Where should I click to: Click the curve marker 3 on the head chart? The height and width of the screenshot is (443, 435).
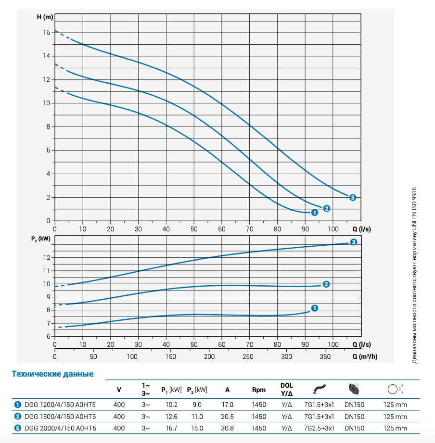pos(353,197)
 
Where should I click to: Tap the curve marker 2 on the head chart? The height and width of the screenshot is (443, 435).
pos(327,208)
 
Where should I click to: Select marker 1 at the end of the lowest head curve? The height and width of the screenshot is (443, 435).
pos(315,212)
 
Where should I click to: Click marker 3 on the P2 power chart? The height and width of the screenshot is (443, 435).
pos(354,242)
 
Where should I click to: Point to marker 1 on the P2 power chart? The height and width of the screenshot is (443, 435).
pos(315,308)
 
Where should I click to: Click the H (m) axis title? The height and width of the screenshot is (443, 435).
pos(45,17)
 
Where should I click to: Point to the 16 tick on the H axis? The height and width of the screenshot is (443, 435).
pos(46,32)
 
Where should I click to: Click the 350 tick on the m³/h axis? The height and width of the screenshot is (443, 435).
pos(325,357)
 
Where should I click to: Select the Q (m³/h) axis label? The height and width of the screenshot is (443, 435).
pos(365,357)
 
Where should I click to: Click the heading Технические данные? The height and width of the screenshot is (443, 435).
pos(52,374)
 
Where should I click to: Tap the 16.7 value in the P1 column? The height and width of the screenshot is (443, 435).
pos(172,428)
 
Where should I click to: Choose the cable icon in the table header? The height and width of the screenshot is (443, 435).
pos(320,389)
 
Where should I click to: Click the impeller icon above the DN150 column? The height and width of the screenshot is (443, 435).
pos(354,389)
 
